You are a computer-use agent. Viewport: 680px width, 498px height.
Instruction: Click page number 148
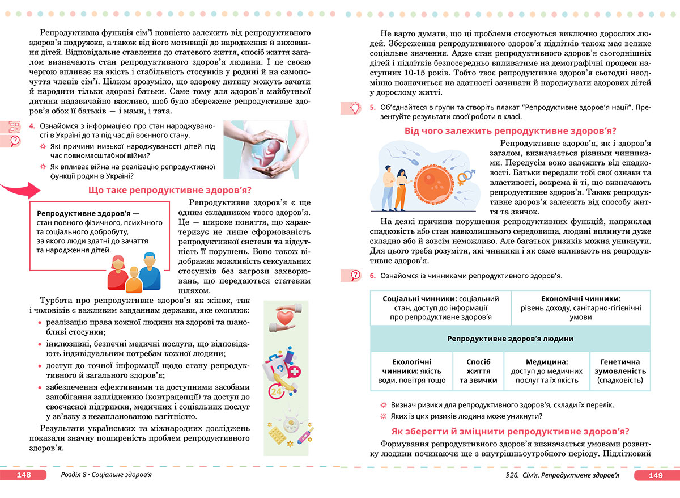[23, 475]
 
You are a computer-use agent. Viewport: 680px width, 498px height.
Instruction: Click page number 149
[656, 475]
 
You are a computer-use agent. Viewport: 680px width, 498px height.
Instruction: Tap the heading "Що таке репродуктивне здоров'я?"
[170, 190]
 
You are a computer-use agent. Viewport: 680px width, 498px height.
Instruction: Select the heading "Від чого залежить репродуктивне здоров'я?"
[511, 131]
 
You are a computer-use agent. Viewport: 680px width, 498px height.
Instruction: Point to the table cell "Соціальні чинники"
[440, 307]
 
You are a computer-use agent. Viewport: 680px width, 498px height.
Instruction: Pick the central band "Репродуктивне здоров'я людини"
[510, 339]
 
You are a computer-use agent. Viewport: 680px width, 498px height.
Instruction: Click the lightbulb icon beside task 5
[355, 107]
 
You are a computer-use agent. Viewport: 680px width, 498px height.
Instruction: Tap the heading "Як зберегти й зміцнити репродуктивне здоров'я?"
[511, 431]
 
